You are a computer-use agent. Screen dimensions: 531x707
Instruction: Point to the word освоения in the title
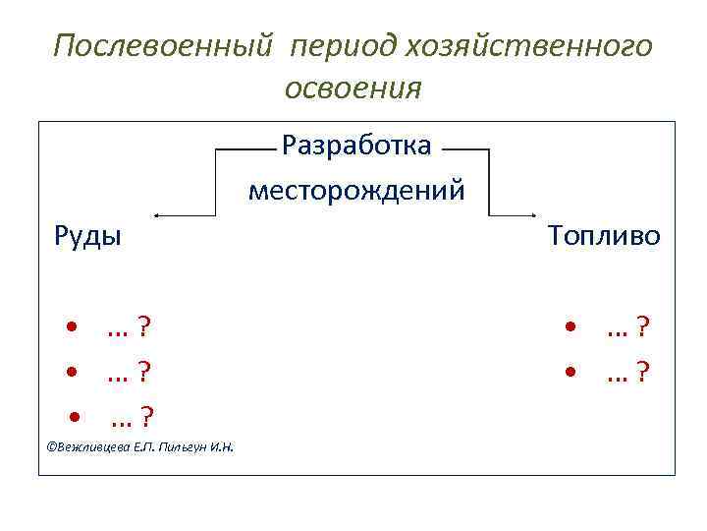pos(353,88)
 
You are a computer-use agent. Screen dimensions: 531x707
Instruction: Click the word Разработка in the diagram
pos(356,146)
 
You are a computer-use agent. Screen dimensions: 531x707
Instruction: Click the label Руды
pos(87,235)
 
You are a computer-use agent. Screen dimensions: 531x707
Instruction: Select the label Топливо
pos(604,235)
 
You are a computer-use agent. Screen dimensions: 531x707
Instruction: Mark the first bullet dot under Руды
pos(73,326)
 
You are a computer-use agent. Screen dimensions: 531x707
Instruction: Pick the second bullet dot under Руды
pos(73,373)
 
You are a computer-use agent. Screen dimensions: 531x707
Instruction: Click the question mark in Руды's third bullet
pos(145,419)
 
